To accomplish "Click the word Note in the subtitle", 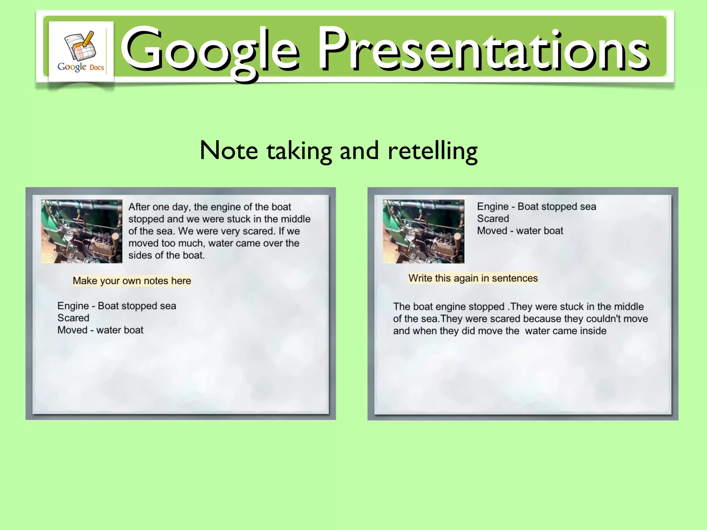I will [x=229, y=151].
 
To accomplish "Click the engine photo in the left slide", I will [x=82, y=231].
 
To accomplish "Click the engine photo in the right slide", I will [x=424, y=231].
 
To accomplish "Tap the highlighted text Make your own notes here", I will [x=132, y=281].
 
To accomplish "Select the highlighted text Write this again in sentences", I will [x=473, y=278].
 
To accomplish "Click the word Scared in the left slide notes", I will [x=73, y=318].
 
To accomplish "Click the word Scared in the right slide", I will [x=493, y=218].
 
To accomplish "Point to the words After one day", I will [x=159, y=207].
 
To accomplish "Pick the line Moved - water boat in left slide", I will [x=100, y=330].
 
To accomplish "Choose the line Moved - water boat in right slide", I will [x=520, y=230].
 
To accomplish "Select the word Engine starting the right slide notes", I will [x=493, y=206].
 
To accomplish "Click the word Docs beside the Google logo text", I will [x=97, y=68].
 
